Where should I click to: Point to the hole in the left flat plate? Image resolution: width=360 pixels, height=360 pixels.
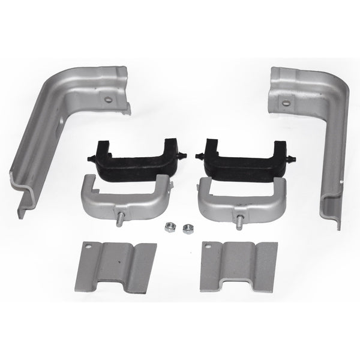[91, 246]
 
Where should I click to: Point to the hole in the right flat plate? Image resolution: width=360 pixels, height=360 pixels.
[208, 247]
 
